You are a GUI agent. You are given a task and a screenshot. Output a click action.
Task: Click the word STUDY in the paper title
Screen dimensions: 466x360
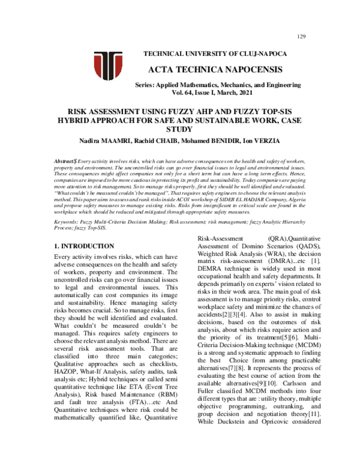click(x=181, y=129)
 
